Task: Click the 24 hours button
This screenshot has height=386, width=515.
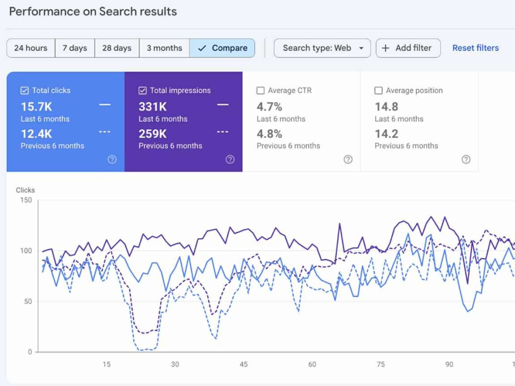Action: coord(31,48)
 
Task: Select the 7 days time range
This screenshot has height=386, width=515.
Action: coord(75,48)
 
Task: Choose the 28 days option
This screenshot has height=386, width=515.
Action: coord(117,48)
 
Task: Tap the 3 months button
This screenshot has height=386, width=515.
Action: coord(164,48)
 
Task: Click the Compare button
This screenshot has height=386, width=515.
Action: coord(222,48)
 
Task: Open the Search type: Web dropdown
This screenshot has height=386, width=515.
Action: coord(322,48)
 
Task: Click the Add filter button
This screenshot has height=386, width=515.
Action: coord(408,48)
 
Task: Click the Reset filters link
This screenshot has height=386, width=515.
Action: coord(475,48)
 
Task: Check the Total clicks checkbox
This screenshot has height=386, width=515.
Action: coord(24,91)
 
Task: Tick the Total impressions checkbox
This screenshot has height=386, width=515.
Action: coord(142,91)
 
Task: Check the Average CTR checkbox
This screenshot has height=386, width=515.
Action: coord(261,91)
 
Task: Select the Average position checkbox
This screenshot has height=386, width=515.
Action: coord(379,91)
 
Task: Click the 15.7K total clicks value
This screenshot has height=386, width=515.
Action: coord(37,107)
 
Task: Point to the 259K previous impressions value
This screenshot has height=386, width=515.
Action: coord(153,134)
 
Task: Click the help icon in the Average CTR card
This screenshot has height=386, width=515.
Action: coord(348,160)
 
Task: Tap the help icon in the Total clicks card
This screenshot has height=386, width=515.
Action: coord(112,160)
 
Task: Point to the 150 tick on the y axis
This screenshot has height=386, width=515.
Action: coord(26,200)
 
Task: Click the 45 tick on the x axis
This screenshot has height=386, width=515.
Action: coord(244,364)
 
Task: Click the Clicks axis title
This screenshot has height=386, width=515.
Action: coord(25,190)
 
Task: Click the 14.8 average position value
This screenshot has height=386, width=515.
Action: coord(386,107)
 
